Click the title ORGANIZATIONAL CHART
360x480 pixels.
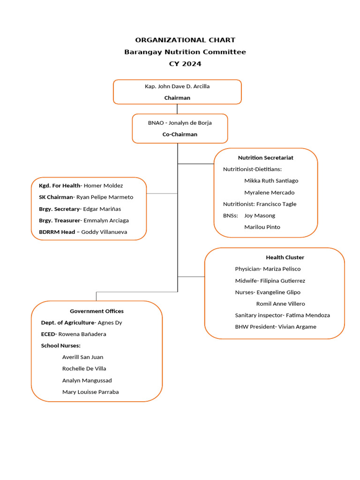pyautogui.click(x=185, y=40)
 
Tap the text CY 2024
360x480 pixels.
pyautogui.click(x=185, y=64)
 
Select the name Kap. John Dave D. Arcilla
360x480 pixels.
pyautogui.click(x=177, y=86)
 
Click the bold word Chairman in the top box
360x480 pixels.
pyautogui.click(x=177, y=98)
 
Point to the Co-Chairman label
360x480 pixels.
pyautogui.click(x=180, y=134)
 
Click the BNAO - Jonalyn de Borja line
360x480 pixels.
pyautogui.click(x=180, y=123)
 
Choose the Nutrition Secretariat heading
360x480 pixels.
pyautogui.click(x=266, y=157)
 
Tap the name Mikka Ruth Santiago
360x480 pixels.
pyautogui.click(x=271, y=180)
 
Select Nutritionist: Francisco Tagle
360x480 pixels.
pyautogui.click(x=260, y=204)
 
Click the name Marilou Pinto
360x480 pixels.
pyautogui.click(x=262, y=227)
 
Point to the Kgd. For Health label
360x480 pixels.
pyautogui.click(x=60, y=186)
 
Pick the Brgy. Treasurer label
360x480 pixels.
pyautogui.click(x=60, y=220)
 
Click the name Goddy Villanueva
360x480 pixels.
pyautogui.click(x=104, y=232)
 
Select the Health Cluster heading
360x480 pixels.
pyautogui.click(x=285, y=257)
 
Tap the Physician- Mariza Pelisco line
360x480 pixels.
pyautogui.click(x=268, y=269)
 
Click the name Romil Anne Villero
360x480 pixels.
pyautogui.click(x=280, y=304)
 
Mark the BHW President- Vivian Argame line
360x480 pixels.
pyautogui.click(x=276, y=327)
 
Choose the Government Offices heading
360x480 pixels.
pyautogui.click(x=97, y=311)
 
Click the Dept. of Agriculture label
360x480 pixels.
pyautogui.click(x=67, y=322)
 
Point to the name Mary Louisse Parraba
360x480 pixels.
pyautogui.click(x=90, y=392)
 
